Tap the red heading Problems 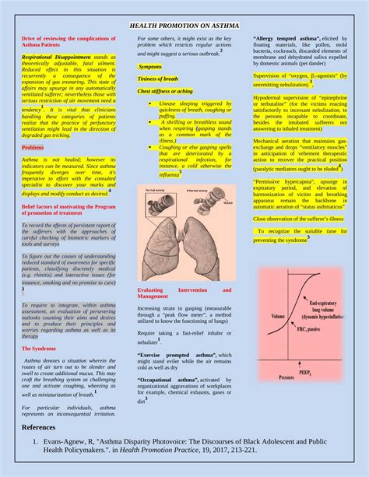(x=33, y=147)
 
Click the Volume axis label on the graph (x=278, y=317)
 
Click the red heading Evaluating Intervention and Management (x=184, y=293)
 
